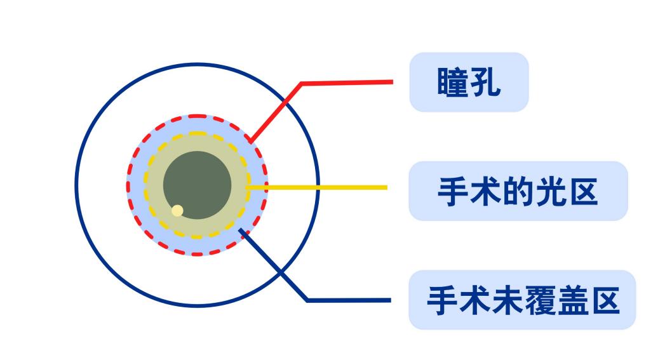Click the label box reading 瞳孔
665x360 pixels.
pos(469,83)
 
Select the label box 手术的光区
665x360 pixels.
pos(518,191)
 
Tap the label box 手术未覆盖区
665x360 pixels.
pos(521,300)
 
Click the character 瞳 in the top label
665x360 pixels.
pos(453,83)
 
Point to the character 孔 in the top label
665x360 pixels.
pos(485,83)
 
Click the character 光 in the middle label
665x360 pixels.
pos(550,191)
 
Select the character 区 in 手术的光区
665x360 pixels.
pos(582,191)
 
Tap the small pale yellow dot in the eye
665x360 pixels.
pos(177,210)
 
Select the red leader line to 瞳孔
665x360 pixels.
pos(343,83)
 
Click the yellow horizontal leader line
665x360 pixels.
pos(318,187)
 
